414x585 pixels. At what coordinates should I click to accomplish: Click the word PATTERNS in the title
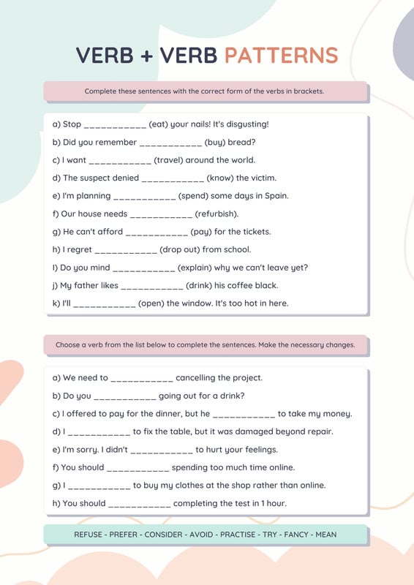281,56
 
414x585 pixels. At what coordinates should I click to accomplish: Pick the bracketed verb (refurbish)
217,214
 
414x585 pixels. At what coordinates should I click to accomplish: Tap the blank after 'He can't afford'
157,232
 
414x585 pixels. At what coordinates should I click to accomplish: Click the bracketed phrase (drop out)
184,249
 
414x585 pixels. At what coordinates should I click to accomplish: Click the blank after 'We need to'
142,378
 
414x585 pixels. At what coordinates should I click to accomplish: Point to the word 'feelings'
258,450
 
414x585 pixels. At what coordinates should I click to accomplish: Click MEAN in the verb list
325,535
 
